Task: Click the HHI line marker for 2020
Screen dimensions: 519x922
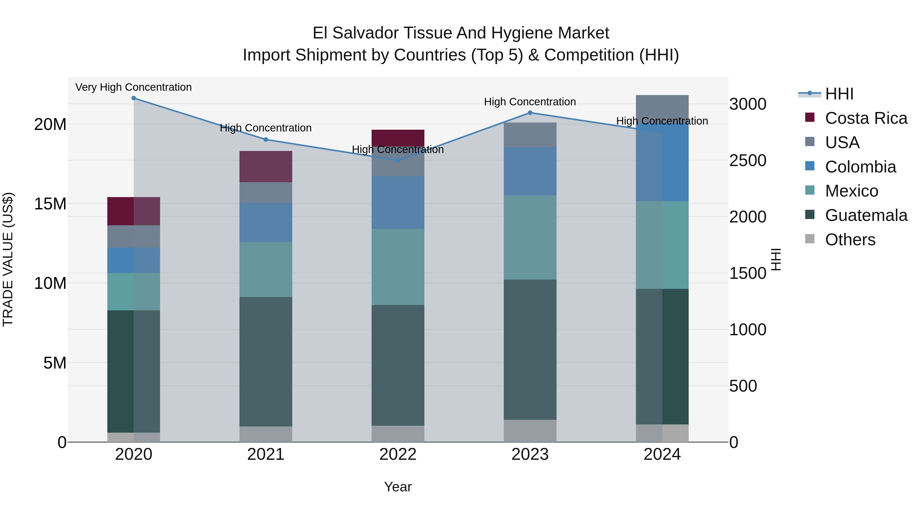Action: (x=133, y=98)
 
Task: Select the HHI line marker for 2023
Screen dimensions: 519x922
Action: (x=530, y=113)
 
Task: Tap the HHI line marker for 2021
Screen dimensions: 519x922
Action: (x=266, y=140)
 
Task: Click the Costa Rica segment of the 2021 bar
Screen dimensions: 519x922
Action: (x=266, y=167)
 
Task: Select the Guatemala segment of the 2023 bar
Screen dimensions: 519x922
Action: (x=530, y=349)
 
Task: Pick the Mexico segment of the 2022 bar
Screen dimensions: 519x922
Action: (x=398, y=267)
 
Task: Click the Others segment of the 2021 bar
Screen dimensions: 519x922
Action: (x=266, y=434)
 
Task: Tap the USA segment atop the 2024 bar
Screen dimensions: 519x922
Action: (x=662, y=107)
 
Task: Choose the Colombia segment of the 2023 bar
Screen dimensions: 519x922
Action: (x=530, y=171)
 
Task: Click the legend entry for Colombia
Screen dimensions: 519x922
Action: (x=860, y=167)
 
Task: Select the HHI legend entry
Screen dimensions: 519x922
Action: (x=839, y=94)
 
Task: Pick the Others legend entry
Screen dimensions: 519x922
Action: (x=850, y=240)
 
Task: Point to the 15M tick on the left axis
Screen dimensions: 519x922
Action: (x=50, y=204)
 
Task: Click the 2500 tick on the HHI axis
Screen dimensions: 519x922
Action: (x=748, y=160)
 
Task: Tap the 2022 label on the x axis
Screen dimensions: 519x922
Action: (x=398, y=454)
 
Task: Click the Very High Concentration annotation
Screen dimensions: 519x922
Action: (x=133, y=87)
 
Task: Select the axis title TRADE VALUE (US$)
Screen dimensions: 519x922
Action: (x=8, y=259)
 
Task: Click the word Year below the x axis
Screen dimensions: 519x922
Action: (x=398, y=487)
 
